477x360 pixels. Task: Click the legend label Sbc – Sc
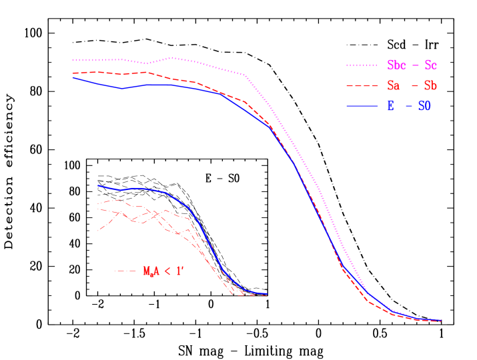point(412,65)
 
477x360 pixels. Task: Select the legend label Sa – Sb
point(412,85)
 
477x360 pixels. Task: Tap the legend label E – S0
point(409,105)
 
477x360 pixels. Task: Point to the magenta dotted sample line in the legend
point(362,65)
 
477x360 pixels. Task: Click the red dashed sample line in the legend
point(362,85)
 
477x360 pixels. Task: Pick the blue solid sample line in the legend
point(362,105)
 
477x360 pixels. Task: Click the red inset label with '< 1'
point(163,271)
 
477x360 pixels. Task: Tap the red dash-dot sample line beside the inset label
point(125,271)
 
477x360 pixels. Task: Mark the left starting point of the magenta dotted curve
point(73,60)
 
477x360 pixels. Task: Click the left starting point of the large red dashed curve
point(73,73)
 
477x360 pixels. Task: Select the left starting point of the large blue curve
point(73,77)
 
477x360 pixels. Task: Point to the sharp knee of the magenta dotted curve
point(247,76)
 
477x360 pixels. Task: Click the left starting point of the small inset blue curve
point(98,185)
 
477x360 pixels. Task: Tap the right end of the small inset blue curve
point(267,294)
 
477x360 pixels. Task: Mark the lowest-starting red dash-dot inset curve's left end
point(98,231)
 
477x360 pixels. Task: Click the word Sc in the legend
point(431,65)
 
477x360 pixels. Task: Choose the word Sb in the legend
point(431,85)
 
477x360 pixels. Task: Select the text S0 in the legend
point(424,105)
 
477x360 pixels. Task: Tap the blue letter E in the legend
point(391,105)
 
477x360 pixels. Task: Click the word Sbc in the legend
point(397,65)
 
